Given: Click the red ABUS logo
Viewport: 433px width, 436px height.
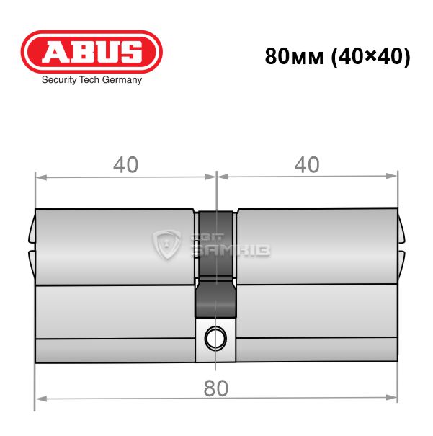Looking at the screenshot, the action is pos(91,52).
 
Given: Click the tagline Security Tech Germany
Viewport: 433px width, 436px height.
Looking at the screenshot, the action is pos(91,80).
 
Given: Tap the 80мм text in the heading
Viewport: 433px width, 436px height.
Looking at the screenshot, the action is pos(295,56).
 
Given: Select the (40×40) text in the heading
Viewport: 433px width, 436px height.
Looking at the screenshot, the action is pos(371,57).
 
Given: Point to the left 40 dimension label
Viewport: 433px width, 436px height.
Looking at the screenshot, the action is pos(125,165).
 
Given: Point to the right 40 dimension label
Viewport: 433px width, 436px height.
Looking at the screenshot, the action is pos(307,164).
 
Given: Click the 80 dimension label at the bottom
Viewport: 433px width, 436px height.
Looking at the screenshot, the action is pos(216,388).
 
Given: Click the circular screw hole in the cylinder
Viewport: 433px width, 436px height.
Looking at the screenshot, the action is pos(215,339).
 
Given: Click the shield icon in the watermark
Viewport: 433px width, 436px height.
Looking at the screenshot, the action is pos(166,244).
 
